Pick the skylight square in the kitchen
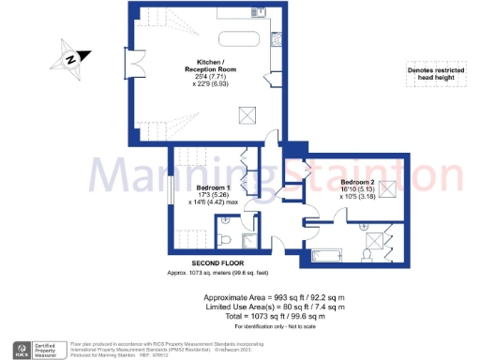[248, 114]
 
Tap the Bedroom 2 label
[359, 181]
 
